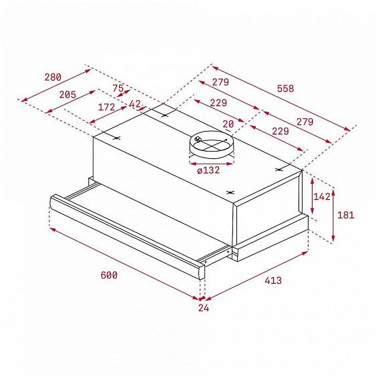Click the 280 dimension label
(53, 77)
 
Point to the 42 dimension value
(135, 104)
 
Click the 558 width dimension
(285, 88)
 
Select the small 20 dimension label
(229, 124)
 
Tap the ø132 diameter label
(208, 170)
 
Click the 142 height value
(322, 197)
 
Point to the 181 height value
(345, 215)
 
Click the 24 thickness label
(204, 309)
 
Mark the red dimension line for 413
(257, 275)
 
